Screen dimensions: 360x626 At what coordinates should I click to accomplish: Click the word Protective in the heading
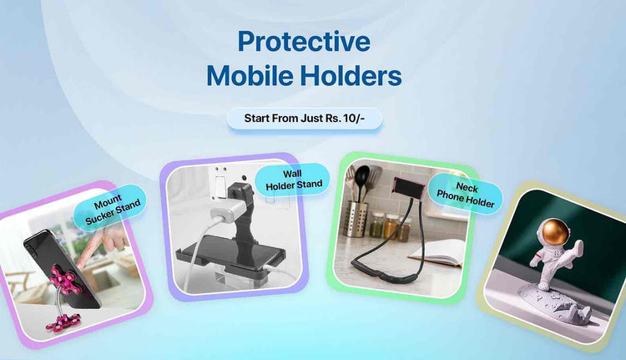pos(304,42)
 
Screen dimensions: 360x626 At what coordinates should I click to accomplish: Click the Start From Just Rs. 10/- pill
pos(304,118)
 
